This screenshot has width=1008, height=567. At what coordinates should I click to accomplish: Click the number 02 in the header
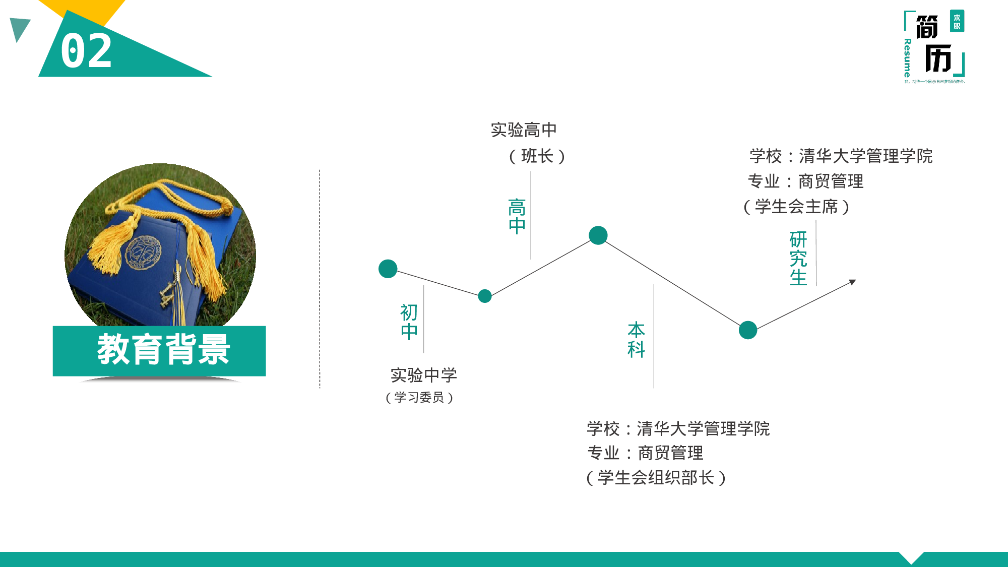(86, 51)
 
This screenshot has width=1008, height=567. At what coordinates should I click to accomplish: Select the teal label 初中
(409, 322)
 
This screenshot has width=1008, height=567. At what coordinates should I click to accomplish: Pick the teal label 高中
(517, 216)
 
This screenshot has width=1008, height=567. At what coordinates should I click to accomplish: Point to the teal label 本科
(637, 340)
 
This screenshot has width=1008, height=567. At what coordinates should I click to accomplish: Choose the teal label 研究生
(798, 259)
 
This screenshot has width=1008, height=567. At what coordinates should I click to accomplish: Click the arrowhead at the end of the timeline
(852, 282)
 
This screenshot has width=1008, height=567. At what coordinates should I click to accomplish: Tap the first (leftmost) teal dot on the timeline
(388, 269)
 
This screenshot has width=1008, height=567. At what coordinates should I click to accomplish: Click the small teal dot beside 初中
(485, 296)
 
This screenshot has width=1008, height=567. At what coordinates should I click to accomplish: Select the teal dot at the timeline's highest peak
(598, 235)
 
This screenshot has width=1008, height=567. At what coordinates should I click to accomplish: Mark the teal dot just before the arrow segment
(748, 330)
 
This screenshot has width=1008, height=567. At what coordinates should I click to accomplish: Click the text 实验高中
(524, 130)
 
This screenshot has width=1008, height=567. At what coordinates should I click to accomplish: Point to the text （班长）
(537, 156)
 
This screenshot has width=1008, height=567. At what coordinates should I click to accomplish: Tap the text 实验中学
(424, 375)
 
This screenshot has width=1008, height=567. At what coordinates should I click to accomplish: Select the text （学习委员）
(419, 398)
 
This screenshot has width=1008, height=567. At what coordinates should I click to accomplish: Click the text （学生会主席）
(796, 207)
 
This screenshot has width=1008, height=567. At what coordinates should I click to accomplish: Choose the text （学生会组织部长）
(656, 478)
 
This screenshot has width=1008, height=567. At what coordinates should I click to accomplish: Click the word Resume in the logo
(908, 58)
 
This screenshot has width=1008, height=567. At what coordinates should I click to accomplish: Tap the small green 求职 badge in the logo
(957, 21)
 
